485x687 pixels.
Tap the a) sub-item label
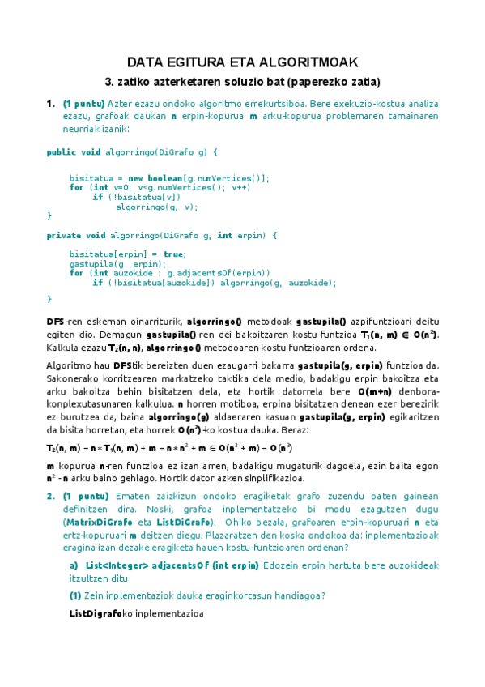(x=74, y=565)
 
